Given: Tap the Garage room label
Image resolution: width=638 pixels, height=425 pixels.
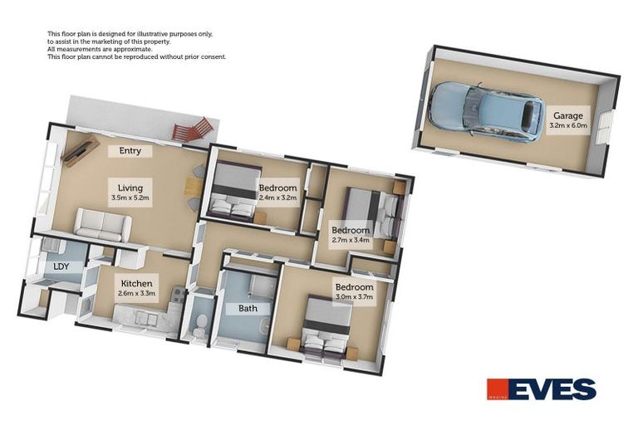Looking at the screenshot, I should tap(568, 115).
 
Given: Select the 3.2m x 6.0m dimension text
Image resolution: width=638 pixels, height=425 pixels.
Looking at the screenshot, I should tap(568, 126).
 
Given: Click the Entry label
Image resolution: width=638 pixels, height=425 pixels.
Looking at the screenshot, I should tap(130, 151).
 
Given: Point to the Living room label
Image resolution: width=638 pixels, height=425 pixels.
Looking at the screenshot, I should tap(130, 188).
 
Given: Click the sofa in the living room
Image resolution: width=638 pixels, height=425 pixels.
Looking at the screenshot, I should tap(103, 224).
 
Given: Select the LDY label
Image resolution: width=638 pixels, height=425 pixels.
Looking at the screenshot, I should tap(61, 266).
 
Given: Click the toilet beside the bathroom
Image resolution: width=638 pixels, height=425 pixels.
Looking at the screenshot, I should tap(199, 327).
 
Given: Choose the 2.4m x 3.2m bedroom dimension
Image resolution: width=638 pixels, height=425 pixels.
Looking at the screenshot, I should tap(277, 198).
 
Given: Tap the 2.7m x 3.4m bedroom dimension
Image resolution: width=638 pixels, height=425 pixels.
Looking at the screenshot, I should tap(351, 241).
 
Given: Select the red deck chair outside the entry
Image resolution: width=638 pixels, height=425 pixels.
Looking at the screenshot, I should tap(194, 129).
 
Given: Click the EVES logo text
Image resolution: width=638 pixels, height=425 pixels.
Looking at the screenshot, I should tap(555, 389).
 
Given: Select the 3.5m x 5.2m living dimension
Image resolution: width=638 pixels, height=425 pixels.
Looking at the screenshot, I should tap(130, 198).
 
